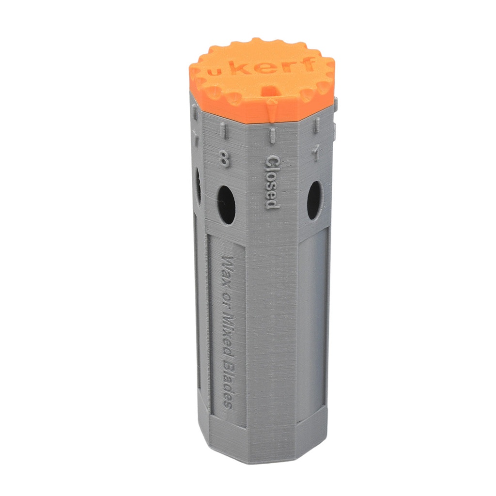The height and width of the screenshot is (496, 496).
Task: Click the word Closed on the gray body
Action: (272, 182)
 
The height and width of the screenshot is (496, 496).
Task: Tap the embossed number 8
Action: (224, 159)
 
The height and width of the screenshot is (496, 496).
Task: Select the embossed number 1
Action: (315, 154)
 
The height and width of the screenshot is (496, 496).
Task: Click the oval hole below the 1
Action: (314, 200)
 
